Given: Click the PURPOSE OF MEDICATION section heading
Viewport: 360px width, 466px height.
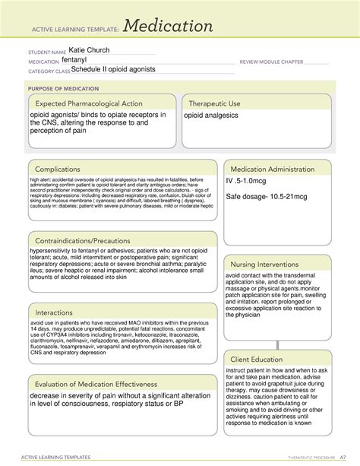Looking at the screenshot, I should (65, 87).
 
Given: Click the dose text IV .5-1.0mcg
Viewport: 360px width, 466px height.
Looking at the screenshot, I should (251, 182).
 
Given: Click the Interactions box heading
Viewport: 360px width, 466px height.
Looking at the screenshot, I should (61, 312).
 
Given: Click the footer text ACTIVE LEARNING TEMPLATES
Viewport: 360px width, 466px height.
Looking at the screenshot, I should (53, 458).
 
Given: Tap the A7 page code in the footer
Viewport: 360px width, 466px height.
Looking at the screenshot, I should (332, 458).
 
